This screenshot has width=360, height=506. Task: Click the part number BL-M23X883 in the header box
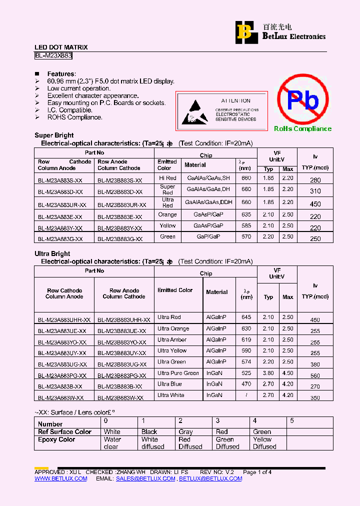tap(53, 56)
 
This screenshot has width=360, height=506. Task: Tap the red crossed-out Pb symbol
tap(303, 100)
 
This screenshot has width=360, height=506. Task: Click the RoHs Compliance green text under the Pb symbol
tap(302, 129)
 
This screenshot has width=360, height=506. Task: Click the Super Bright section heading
tap(54, 135)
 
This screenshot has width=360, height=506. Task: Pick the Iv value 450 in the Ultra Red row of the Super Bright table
tap(315, 204)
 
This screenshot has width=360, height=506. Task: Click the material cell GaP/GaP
tap(208, 236)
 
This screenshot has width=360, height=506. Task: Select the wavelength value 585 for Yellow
tap(246, 225)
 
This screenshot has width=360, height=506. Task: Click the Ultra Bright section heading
tap(52, 254)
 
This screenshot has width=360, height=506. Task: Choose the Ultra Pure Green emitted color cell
tap(178, 373)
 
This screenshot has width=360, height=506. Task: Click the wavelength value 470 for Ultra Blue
tap(246, 384)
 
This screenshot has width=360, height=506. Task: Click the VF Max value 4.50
tap(287, 373)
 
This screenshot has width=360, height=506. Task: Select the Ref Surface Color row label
tap(64, 432)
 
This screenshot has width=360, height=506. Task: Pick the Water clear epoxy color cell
tap(112, 443)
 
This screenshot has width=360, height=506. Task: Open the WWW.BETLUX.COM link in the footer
tap(60, 478)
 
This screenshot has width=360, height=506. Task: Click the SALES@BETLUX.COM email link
tap(145, 478)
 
